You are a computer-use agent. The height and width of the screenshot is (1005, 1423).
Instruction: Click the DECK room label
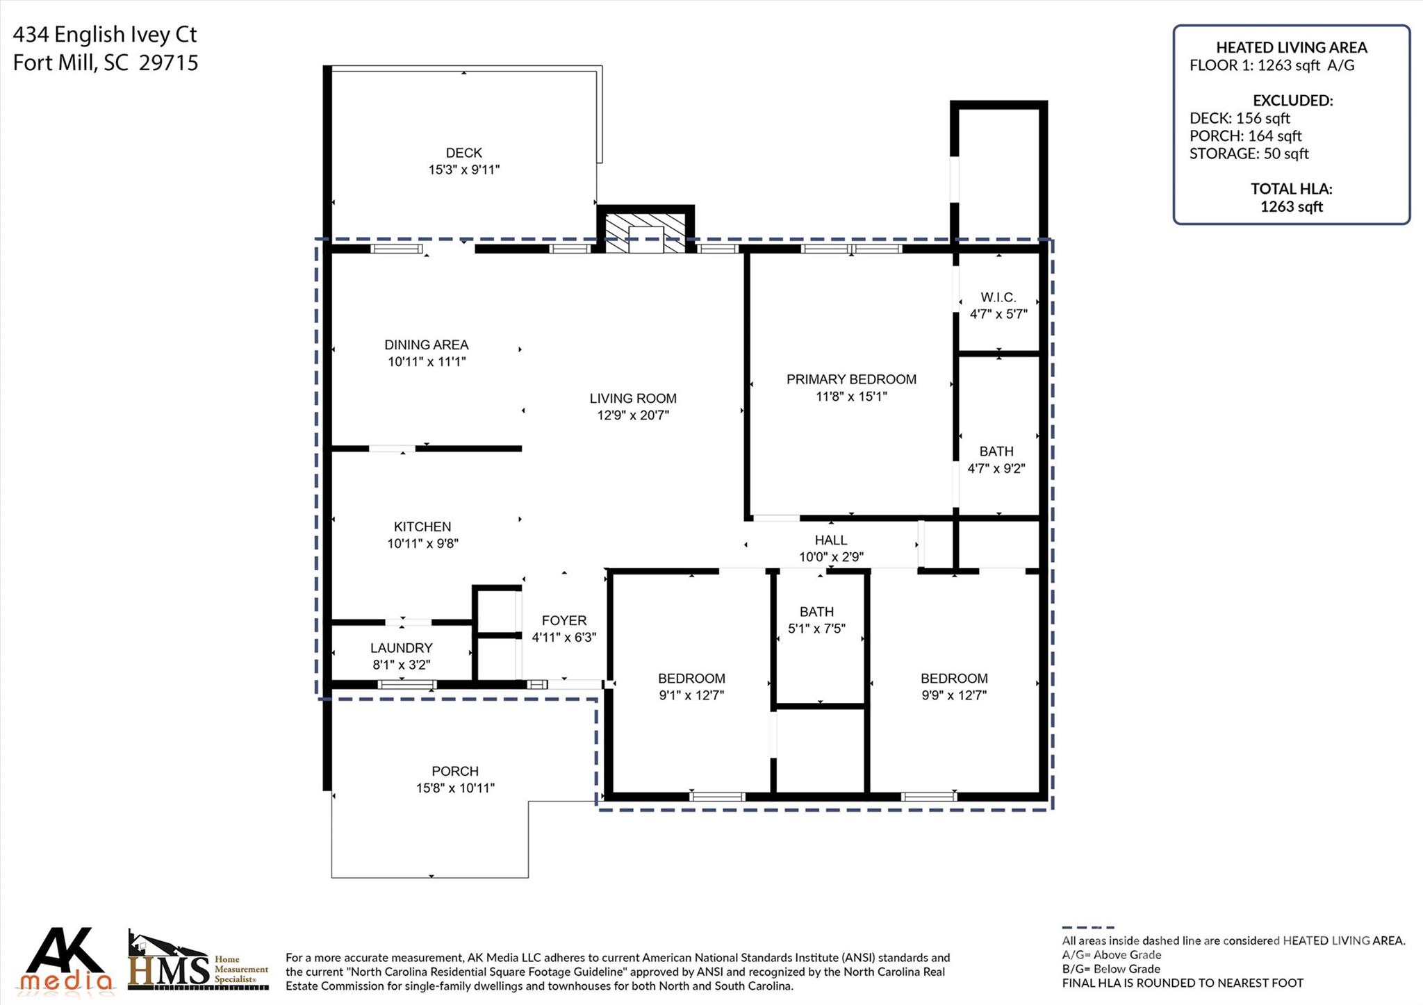click(463, 153)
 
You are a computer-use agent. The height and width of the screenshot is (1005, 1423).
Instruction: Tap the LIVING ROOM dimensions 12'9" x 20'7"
click(632, 415)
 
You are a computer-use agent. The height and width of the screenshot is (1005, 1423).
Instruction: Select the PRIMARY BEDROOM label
click(851, 379)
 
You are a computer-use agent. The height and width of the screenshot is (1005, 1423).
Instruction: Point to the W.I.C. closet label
click(998, 297)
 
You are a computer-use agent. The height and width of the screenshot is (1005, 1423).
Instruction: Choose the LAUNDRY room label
click(401, 648)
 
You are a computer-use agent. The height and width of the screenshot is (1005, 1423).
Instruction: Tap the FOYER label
click(564, 620)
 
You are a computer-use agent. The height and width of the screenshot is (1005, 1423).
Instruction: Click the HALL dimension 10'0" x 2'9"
click(831, 557)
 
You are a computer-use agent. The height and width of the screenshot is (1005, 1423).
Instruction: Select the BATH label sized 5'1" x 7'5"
click(816, 612)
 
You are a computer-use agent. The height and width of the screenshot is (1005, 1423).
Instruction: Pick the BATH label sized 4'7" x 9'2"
click(996, 451)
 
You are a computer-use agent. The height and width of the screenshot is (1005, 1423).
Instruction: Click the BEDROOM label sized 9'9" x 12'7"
click(954, 679)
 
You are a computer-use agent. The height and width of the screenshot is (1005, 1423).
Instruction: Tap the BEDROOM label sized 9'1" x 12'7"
click(691, 679)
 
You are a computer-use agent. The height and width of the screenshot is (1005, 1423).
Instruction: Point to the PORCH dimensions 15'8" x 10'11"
click(455, 788)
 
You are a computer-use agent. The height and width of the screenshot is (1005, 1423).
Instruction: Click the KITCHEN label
click(422, 526)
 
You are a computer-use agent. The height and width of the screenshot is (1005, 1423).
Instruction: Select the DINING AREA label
click(426, 344)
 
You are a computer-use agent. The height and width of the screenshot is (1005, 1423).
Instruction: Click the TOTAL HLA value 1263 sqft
click(1291, 206)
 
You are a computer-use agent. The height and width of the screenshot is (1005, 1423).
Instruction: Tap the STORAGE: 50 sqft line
click(1249, 153)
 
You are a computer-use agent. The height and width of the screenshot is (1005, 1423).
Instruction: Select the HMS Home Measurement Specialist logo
click(198, 962)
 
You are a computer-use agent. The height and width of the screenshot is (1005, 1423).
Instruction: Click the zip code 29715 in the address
click(168, 63)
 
